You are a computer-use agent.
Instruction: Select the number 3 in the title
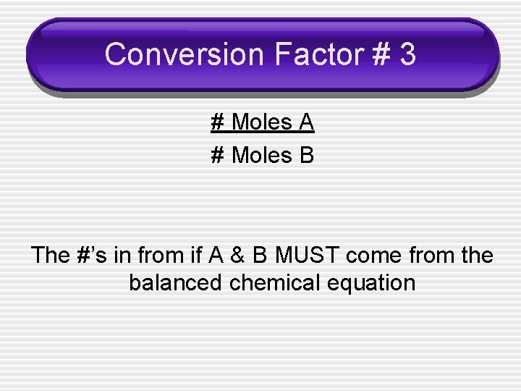(407, 55)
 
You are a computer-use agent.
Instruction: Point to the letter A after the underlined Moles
(306, 122)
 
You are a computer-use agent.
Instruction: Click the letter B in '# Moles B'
(306, 155)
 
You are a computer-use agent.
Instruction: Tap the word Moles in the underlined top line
(261, 122)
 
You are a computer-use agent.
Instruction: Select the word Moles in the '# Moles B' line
(261, 155)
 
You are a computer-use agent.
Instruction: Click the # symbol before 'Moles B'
(217, 155)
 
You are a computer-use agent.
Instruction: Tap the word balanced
(176, 282)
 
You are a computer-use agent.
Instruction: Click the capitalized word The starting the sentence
(51, 256)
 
